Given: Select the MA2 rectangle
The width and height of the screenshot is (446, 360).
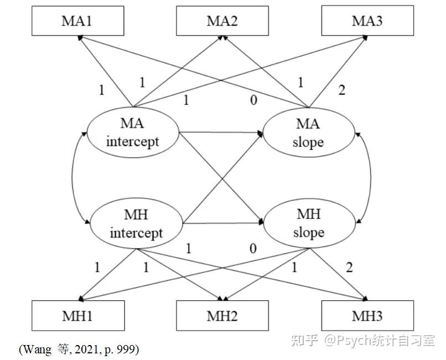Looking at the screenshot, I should (223, 21).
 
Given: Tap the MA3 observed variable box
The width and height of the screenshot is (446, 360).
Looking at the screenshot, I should (367, 21).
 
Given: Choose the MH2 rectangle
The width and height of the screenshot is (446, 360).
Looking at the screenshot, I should (223, 316).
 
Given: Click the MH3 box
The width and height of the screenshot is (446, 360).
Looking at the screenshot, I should (367, 316).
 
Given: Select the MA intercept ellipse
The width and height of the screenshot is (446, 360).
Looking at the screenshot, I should (133, 133).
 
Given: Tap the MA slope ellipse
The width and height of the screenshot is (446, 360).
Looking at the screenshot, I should (308, 135).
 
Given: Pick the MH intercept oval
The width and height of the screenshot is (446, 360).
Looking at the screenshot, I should (136, 224).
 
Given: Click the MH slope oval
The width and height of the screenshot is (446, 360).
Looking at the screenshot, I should (308, 224).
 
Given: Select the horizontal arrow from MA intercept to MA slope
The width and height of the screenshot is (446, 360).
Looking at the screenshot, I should (221, 133).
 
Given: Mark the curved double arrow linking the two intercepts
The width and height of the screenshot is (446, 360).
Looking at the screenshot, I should (74, 178).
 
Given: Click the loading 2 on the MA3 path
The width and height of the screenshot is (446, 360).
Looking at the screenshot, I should (341, 90).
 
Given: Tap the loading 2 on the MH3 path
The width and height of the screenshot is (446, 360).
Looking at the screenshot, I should (349, 268).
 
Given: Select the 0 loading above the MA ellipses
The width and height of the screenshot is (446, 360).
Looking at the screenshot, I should (253, 101).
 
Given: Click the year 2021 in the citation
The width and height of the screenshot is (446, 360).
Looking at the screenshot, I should (87, 349).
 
